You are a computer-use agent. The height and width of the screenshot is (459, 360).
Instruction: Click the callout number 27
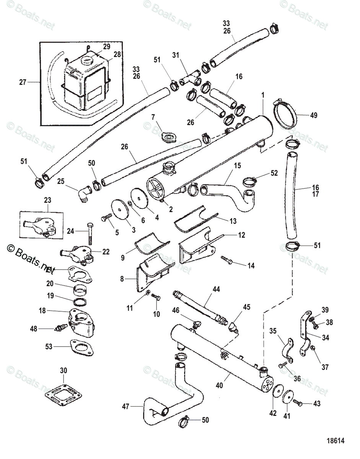coord(23,81)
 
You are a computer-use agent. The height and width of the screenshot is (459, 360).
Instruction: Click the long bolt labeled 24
coord(90,233)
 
